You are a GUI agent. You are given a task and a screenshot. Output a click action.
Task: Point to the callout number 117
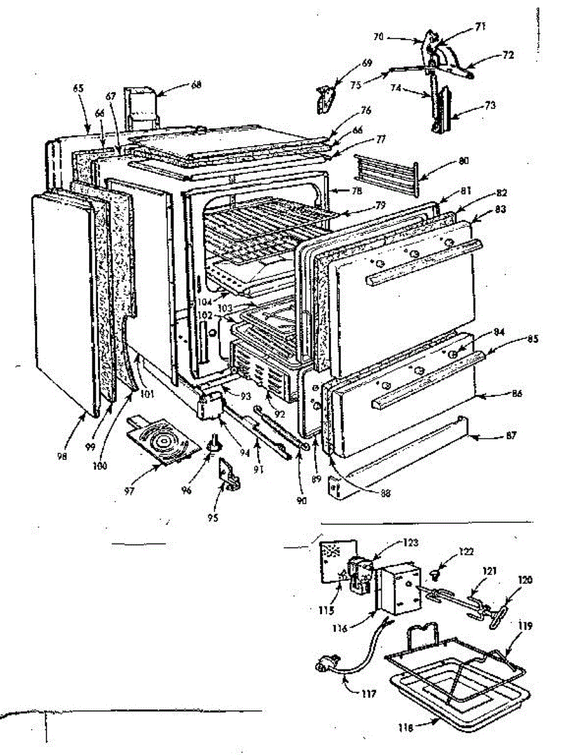point(369,695)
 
